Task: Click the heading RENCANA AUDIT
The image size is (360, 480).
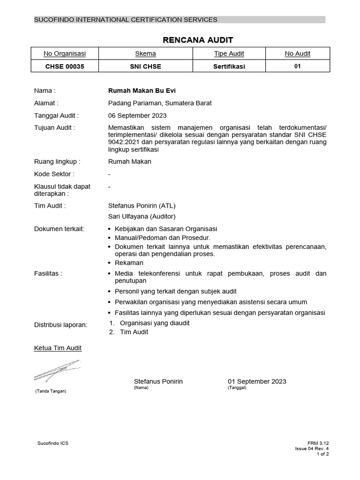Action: pyautogui.click(x=191, y=40)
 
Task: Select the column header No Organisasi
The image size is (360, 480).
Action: pyautogui.click(x=65, y=54)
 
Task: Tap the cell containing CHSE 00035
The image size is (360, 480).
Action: pyautogui.click(x=65, y=67)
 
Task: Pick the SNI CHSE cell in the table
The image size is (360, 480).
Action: pyautogui.click(x=145, y=67)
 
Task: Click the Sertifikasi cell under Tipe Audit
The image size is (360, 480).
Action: pyautogui.click(x=229, y=67)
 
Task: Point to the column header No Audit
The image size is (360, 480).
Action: pyautogui.click(x=297, y=54)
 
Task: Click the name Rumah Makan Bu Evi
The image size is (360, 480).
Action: pyautogui.click(x=136, y=90)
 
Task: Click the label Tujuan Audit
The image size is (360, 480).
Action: pyautogui.click(x=54, y=127)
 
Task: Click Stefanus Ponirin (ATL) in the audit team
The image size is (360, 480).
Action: pyautogui.click(x=142, y=205)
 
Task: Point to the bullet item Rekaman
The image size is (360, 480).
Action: pyautogui.click(x=129, y=263)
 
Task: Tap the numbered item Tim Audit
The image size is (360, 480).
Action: pyautogui.click(x=134, y=332)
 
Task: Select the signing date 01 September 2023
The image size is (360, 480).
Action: pyautogui.click(x=257, y=382)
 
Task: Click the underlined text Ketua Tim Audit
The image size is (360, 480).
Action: pyautogui.click(x=58, y=348)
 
